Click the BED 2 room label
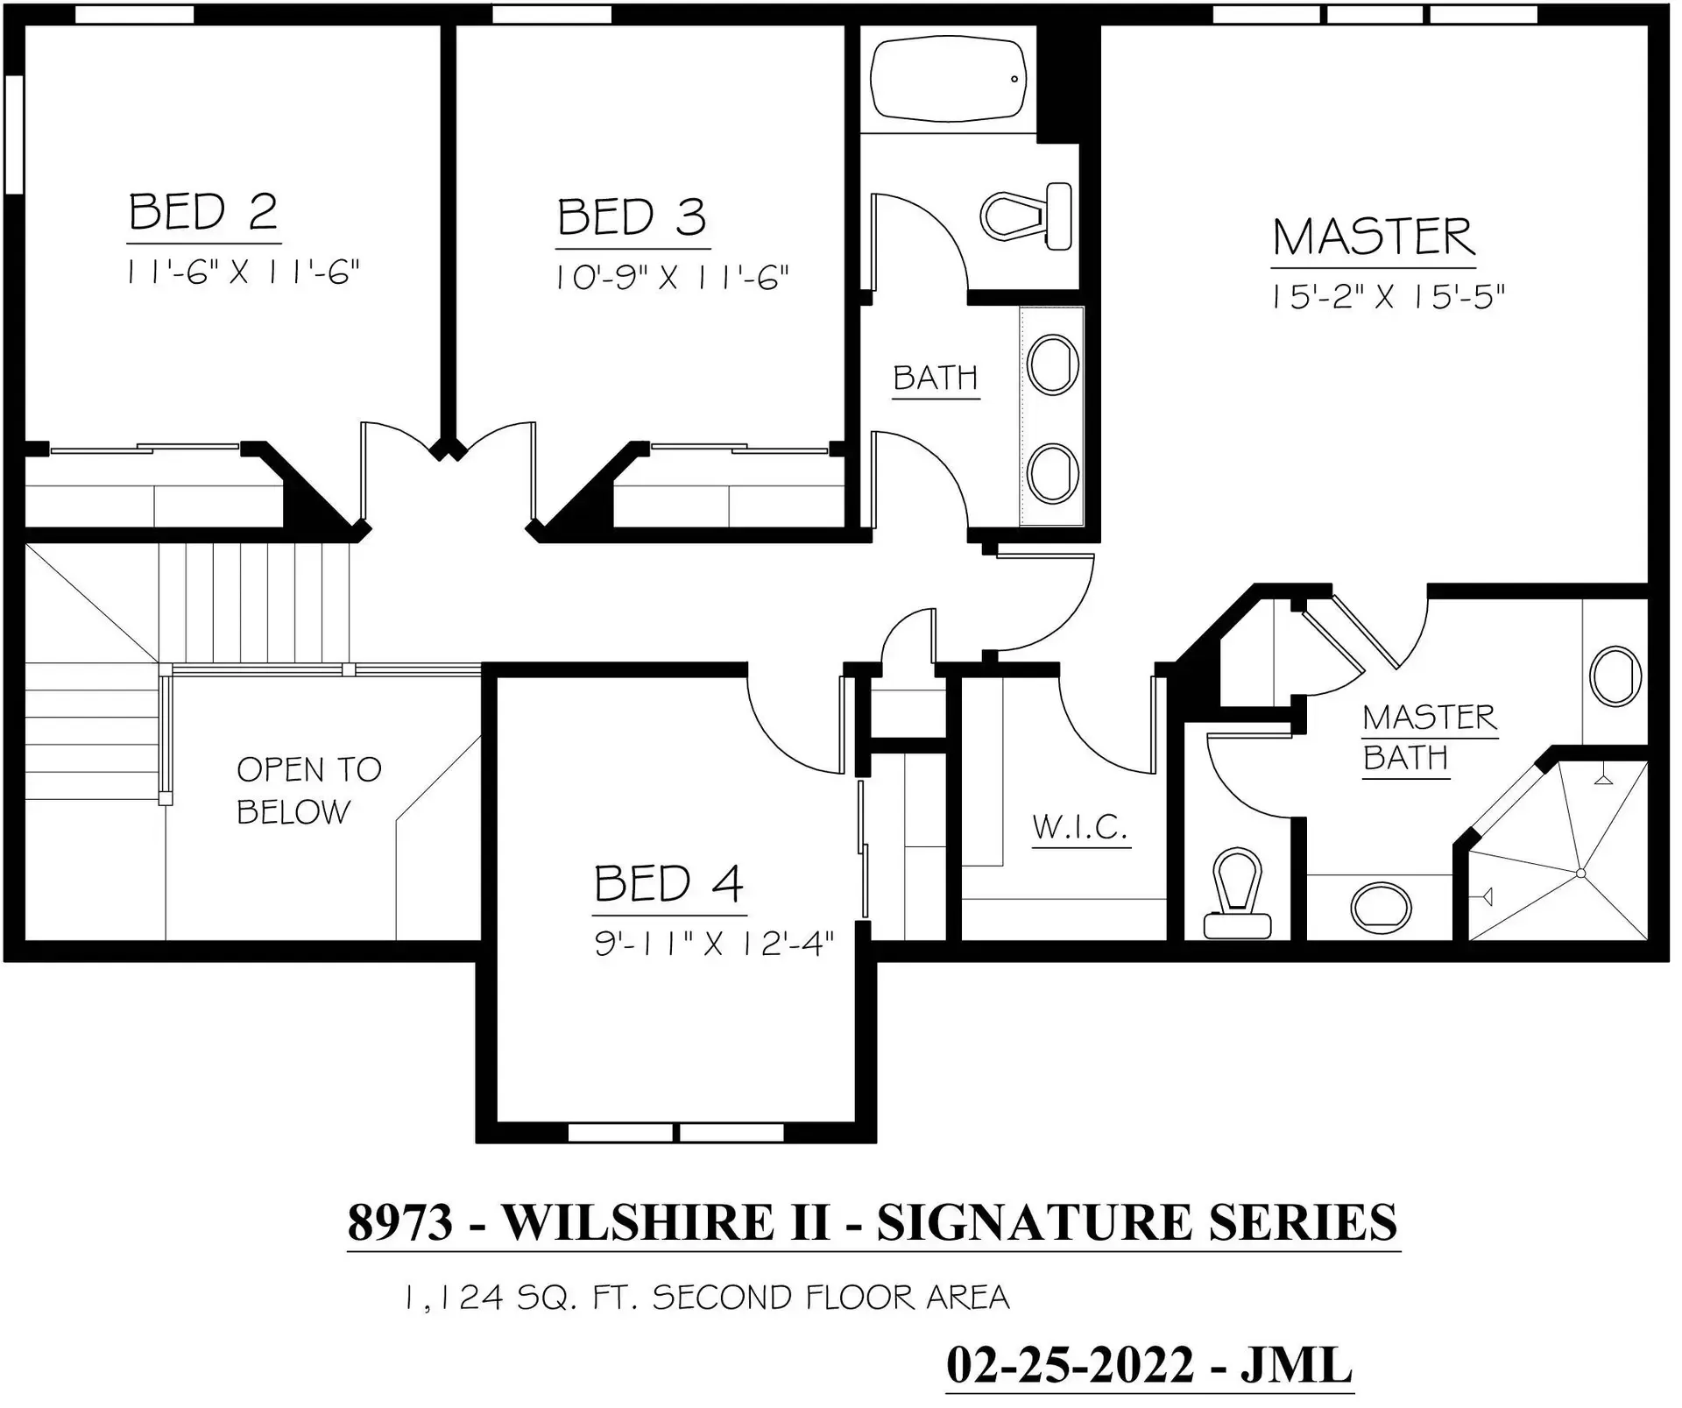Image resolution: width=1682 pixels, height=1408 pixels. pos(203,213)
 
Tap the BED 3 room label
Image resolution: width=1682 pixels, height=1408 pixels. pos(632,218)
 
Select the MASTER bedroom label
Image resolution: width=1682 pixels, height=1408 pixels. pos(1374,237)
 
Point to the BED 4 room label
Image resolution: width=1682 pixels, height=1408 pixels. pos(669,884)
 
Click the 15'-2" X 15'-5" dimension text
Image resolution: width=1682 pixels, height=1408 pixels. pos(1388,298)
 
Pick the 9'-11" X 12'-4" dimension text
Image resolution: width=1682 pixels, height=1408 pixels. pos(714,945)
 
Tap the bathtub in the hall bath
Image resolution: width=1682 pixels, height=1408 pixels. pos(948,78)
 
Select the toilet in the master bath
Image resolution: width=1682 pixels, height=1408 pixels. pos(1237,894)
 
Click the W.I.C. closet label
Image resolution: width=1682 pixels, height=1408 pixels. pos(1080,827)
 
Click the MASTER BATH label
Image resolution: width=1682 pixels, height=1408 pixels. pos(1429,737)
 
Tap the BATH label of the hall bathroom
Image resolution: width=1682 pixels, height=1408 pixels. pos(935,379)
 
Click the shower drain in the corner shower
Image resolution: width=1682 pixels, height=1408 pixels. pos(1580,874)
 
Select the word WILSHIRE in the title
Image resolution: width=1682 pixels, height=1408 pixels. pos(665,1222)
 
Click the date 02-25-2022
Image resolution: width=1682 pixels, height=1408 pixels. pos(1070,1366)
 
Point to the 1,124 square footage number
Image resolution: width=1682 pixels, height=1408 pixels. pos(453,1298)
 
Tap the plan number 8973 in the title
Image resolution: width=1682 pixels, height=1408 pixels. pos(400,1222)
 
